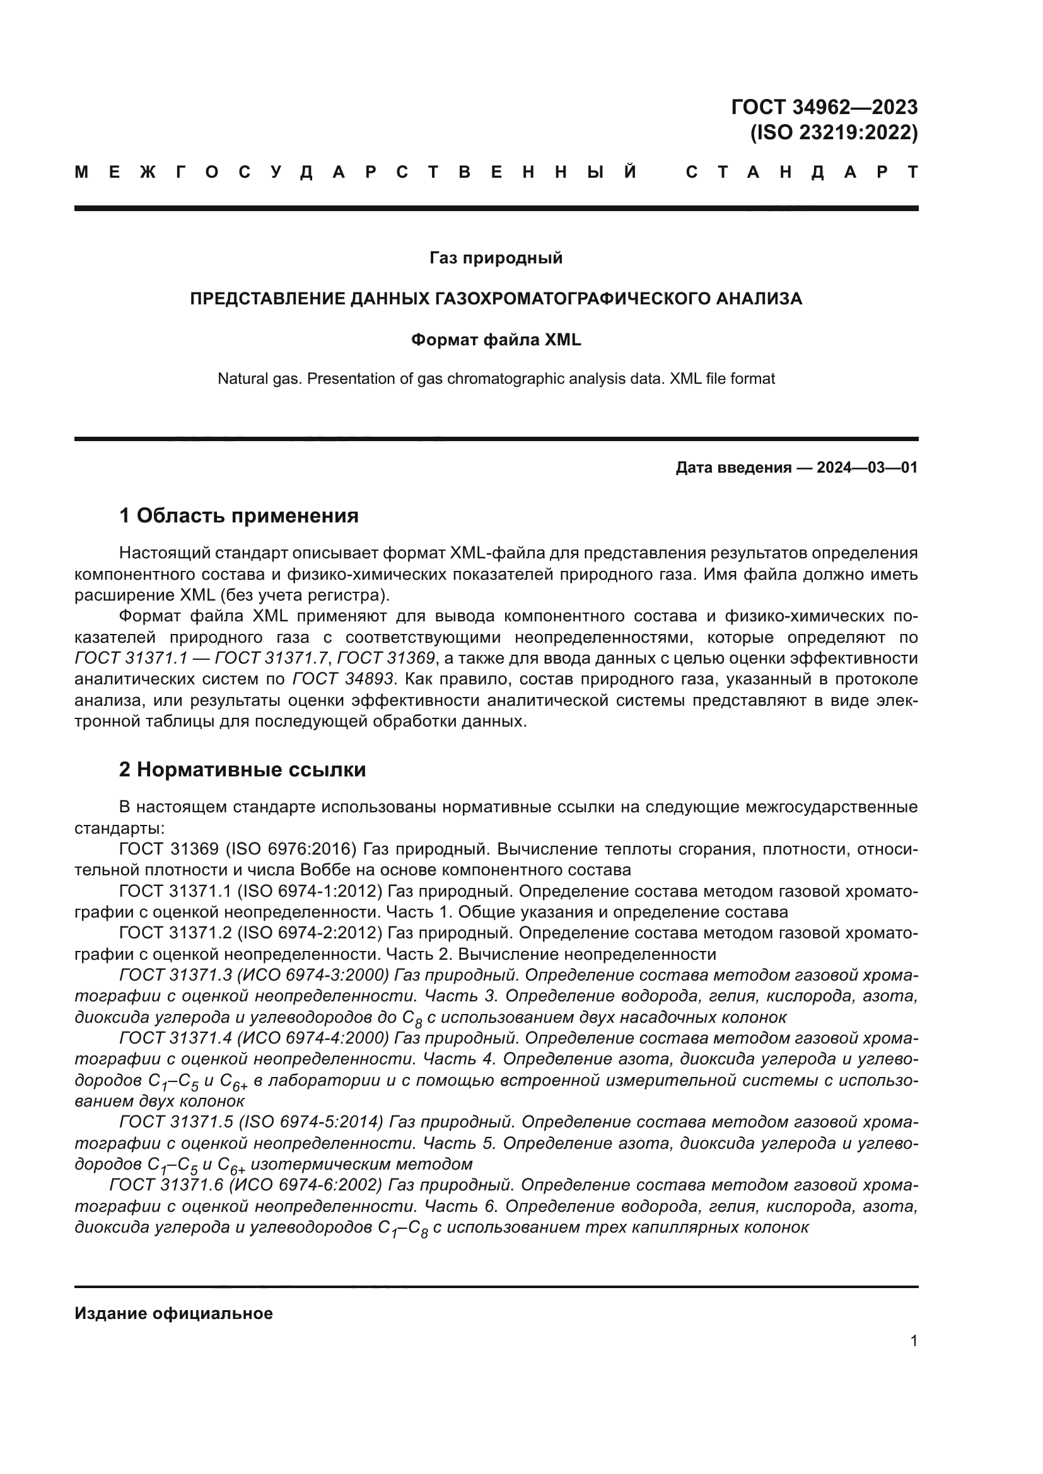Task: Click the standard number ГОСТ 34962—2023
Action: [824, 107]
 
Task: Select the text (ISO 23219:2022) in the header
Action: [834, 132]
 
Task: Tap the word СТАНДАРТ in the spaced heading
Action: [801, 172]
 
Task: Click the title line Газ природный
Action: [496, 258]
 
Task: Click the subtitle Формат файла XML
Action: [496, 340]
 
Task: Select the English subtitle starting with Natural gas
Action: [496, 379]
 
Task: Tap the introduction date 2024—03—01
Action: [866, 468]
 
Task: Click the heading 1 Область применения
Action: [238, 515]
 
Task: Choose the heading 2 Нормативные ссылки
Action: [242, 769]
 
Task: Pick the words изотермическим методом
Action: [361, 1164]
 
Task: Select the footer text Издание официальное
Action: [173, 1313]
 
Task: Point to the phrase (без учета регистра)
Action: [304, 595]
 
